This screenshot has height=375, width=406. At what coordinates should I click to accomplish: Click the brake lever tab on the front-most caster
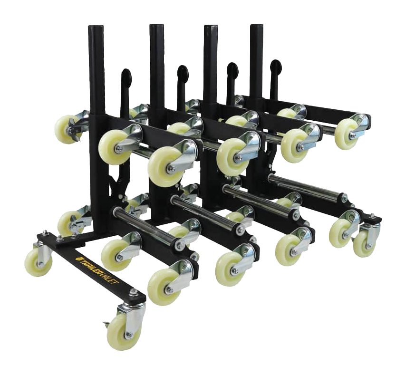point(106,325)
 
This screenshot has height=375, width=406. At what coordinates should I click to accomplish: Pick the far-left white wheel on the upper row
point(65,128)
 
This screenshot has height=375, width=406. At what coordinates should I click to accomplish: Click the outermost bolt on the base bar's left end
point(45,232)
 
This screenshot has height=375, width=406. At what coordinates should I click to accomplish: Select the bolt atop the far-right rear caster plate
point(372,216)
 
